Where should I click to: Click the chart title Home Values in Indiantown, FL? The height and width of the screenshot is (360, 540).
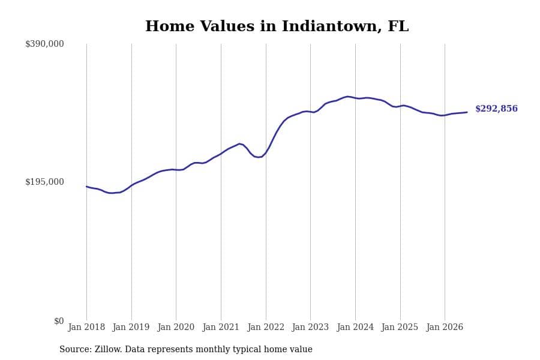pos(277,26)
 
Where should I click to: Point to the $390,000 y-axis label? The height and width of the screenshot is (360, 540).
pos(44,44)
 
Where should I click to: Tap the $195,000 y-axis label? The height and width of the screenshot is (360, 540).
pos(44,182)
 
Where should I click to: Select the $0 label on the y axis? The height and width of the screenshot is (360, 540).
pos(59,321)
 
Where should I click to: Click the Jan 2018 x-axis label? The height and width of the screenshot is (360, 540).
pos(86,327)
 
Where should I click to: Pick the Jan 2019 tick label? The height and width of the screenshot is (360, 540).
pos(131,327)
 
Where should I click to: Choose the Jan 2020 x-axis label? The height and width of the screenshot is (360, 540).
pos(176,327)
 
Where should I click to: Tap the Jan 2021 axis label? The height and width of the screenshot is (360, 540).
pos(221,327)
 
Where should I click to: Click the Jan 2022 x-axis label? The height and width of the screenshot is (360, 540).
pos(266,327)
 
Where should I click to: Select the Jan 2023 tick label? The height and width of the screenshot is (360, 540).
pos(310,327)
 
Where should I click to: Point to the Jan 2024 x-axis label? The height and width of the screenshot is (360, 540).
pos(355,327)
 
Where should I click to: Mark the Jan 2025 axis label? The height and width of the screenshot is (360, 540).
pos(400,327)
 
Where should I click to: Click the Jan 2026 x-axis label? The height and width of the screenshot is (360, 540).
pos(445,327)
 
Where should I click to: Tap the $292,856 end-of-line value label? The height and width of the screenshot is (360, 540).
pos(496,109)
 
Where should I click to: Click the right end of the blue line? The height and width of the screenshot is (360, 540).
pos(467,112)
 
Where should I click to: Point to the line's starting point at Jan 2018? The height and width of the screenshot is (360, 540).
pos(86,187)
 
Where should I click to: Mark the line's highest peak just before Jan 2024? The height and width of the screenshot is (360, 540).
pos(347,97)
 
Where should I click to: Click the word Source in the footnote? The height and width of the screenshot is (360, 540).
pos(76,349)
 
